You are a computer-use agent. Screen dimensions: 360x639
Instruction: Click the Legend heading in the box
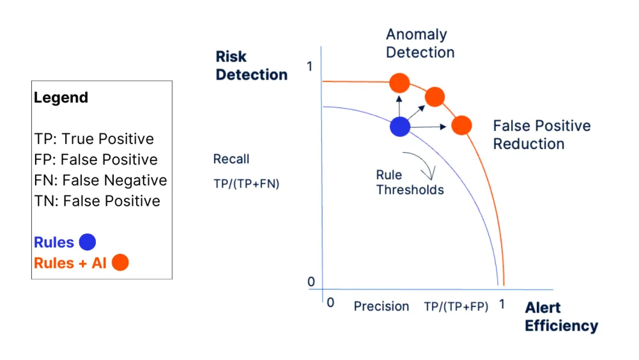[61, 98]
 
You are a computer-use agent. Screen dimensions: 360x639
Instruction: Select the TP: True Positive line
[94, 139]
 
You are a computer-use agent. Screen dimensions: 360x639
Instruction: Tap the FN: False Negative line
[100, 180]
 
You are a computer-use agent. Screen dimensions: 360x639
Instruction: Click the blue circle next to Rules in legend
[87, 242]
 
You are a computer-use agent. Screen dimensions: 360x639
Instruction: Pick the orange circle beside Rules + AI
[120, 262]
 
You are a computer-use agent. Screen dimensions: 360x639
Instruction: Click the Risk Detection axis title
[251, 66]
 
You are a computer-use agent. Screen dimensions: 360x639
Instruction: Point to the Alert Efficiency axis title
[561, 317]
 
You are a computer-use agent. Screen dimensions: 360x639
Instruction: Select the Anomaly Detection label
[420, 43]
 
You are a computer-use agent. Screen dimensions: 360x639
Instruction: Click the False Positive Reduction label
[541, 135]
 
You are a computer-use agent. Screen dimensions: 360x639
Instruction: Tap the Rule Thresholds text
[410, 182]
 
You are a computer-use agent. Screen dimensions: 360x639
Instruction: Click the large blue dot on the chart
[399, 127]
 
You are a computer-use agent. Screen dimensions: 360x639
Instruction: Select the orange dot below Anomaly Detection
[399, 82]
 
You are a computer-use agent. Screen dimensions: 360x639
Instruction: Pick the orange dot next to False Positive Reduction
[461, 125]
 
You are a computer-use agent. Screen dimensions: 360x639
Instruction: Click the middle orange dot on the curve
[435, 97]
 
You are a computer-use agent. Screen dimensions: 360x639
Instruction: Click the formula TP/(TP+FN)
[246, 184]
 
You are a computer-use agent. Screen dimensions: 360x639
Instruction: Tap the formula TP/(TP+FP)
[456, 307]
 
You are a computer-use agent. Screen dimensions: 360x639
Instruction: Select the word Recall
[231, 159]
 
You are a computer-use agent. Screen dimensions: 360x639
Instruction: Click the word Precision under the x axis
[381, 306]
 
